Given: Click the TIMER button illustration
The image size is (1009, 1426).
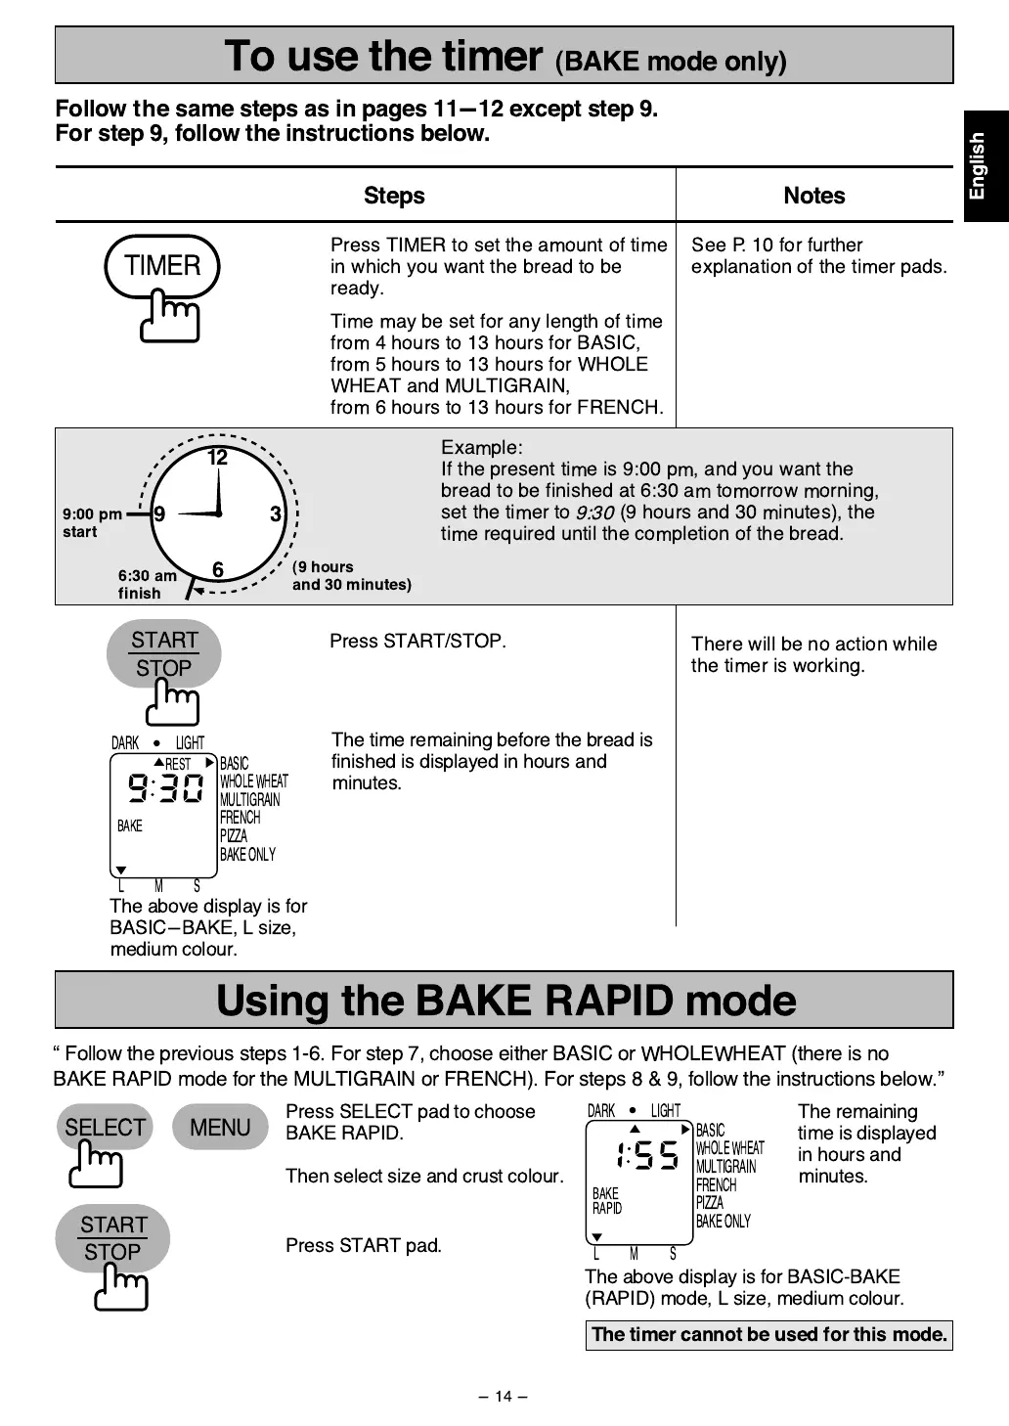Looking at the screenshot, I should [x=162, y=265].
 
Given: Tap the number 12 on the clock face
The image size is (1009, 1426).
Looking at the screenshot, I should [x=217, y=458].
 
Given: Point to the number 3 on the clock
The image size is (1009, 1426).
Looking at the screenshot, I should [x=276, y=514].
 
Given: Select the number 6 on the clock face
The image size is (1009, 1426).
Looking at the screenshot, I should [x=217, y=569].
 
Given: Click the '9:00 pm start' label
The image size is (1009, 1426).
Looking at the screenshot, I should [x=92, y=522].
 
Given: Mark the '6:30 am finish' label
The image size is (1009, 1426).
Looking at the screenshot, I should [x=147, y=584].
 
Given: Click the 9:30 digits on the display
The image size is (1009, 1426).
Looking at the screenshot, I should [x=166, y=787].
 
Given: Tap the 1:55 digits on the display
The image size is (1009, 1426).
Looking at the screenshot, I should [x=646, y=1155].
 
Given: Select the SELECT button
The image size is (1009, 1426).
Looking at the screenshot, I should [x=105, y=1128].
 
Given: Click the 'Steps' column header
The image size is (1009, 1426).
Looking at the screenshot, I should [x=394, y=196].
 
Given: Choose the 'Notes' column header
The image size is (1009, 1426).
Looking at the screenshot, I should [x=813, y=196].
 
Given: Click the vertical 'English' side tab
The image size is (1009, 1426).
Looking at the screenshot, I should [x=978, y=166].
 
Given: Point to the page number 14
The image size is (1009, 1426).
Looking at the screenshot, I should [x=503, y=1396].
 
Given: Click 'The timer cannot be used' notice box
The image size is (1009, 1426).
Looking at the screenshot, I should [x=768, y=1334].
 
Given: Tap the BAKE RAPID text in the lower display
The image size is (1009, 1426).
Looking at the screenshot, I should [x=607, y=1201].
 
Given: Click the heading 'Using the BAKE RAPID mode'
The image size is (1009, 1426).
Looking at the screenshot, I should [x=504, y=1000].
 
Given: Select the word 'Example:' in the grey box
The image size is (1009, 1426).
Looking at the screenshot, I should [x=481, y=448].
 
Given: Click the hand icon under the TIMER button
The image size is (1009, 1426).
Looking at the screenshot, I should [x=171, y=317].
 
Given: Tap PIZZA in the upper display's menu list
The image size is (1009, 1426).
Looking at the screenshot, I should [x=233, y=836].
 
